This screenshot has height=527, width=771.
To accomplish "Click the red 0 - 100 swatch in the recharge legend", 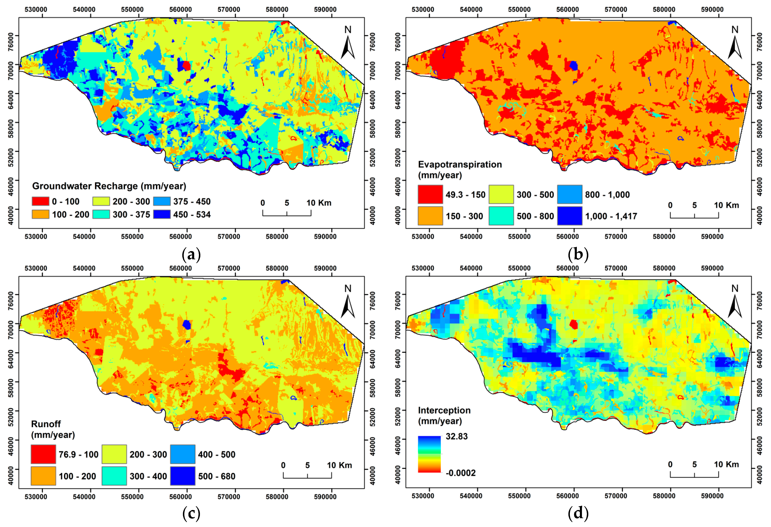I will (40, 201).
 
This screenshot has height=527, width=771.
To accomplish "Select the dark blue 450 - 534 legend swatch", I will (162, 214).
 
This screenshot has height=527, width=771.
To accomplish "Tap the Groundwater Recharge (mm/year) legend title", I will (109, 186).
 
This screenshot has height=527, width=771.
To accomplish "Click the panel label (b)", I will (578, 255).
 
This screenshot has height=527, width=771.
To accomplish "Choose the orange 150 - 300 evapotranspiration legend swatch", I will (430, 216).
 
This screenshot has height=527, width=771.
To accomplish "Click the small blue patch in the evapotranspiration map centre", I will (574, 66).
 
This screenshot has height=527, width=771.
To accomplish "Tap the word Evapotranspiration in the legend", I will (460, 165).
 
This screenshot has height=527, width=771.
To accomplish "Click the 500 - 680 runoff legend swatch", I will (182, 476).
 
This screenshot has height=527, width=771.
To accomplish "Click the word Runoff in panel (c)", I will (46, 424).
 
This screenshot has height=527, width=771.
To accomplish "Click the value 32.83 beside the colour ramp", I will (456, 436).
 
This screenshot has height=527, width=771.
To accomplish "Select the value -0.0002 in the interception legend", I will (461, 473).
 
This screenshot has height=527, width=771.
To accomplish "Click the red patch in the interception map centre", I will (574, 324).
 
